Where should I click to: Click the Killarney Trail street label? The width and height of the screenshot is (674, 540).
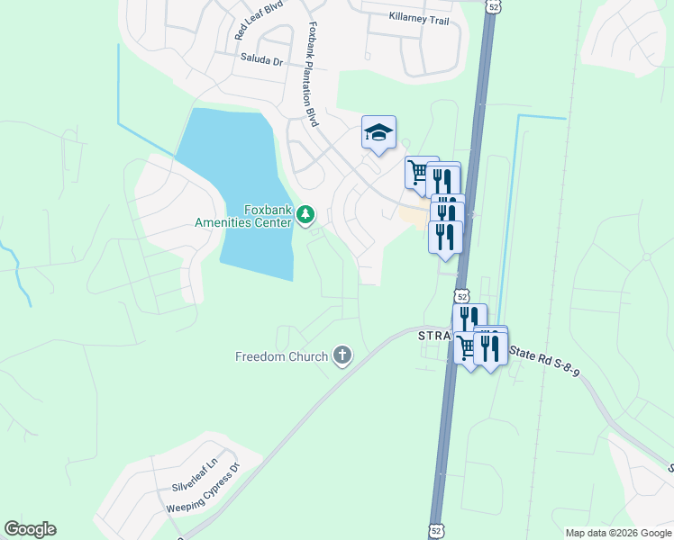(417, 17)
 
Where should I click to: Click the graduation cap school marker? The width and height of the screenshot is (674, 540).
(378, 133)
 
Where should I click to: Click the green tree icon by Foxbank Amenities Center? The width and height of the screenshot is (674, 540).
(306, 214)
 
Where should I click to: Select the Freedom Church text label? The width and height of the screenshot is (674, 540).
(281, 356)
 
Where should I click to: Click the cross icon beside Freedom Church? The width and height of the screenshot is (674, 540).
(342, 355)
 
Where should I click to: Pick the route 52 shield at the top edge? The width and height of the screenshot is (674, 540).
(492, 6)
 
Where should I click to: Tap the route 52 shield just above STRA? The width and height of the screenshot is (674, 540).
(461, 296)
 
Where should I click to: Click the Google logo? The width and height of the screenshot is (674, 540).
(30, 529)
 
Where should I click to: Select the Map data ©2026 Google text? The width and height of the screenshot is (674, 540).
(618, 533)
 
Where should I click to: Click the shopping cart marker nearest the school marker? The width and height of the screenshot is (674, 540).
(418, 171)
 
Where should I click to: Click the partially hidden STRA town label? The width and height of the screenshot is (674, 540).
(433, 336)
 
